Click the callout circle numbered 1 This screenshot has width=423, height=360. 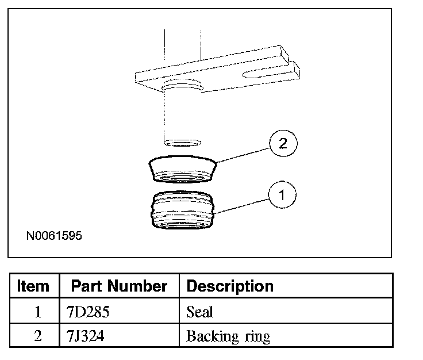(x=282, y=196)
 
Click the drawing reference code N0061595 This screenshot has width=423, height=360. (x=53, y=235)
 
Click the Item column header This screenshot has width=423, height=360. (x=33, y=286)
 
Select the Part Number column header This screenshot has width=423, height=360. (x=119, y=286)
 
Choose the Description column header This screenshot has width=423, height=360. (x=230, y=286)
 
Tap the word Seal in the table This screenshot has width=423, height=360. (x=199, y=312)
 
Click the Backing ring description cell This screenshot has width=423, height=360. (x=228, y=336)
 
